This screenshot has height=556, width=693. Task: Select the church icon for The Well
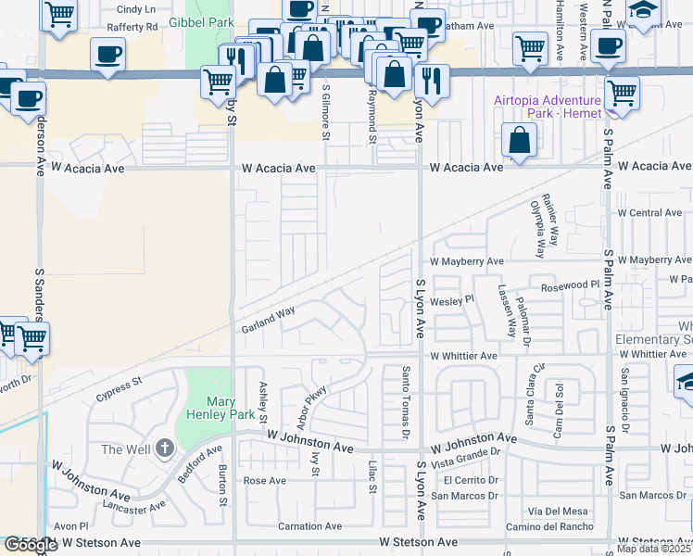(164, 449)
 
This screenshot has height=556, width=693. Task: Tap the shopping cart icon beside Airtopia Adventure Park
(623, 93)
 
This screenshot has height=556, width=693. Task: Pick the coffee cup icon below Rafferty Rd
(108, 53)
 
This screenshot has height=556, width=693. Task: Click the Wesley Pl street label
(451, 299)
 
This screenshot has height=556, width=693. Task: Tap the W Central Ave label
(649, 212)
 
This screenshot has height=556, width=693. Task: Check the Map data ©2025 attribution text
(654, 549)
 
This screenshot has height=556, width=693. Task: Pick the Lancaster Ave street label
(136, 507)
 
